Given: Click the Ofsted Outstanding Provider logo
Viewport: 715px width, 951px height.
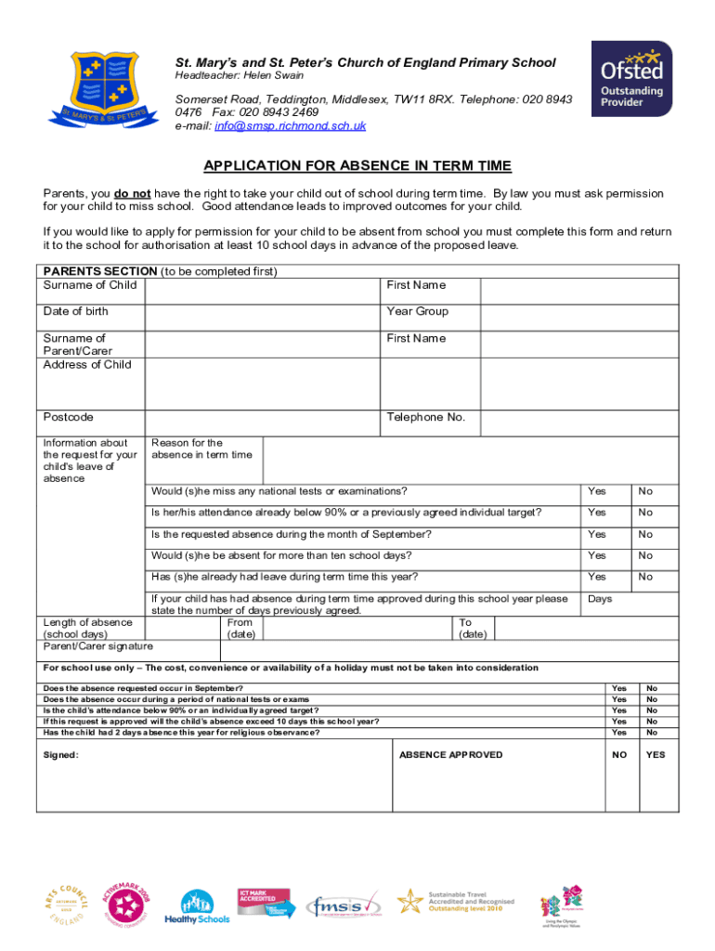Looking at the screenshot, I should [x=631, y=79].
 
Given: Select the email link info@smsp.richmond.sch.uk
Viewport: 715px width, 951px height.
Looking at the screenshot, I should [x=290, y=125].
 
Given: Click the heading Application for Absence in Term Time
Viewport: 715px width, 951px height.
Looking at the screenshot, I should [x=357, y=166].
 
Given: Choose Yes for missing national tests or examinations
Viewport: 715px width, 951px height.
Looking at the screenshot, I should [x=597, y=491].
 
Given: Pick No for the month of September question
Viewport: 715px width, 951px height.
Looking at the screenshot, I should [x=645, y=534].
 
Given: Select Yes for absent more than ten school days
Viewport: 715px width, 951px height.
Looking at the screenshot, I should [x=597, y=555].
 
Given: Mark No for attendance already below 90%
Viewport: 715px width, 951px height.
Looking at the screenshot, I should [x=645, y=513].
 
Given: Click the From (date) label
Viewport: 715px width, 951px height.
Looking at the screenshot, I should [x=240, y=629].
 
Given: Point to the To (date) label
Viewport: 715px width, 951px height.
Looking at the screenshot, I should [x=473, y=629].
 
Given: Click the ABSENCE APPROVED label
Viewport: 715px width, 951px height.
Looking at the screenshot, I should [x=450, y=755].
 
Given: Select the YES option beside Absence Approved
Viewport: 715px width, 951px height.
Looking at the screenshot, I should [x=656, y=755].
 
